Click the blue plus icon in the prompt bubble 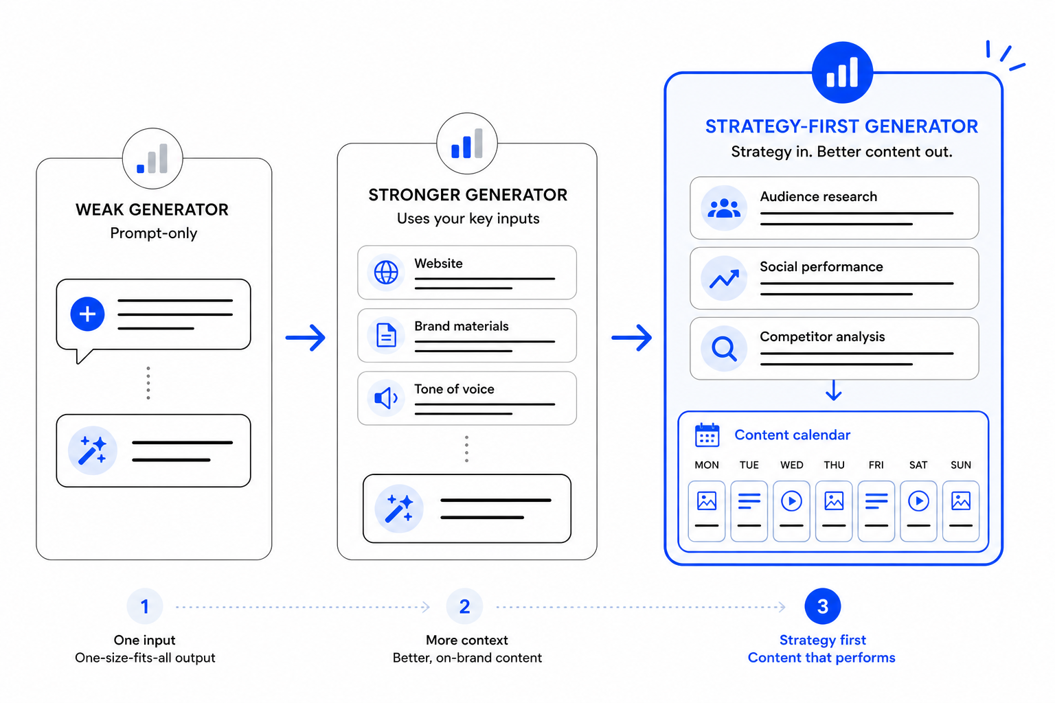pos(87,314)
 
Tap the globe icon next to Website pos(386,272)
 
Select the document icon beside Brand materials pos(386,335)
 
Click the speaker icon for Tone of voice pos(386,398)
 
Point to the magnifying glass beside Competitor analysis pos(724,349)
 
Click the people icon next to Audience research pos(724,208)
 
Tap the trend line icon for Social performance pos(724,279)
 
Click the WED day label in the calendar pos(792,465)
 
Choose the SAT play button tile pos(918,511)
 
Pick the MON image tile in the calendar pos(707,511)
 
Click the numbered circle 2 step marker pos(464,606)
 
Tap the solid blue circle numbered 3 pos(823,606)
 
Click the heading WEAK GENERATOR pos(152,209)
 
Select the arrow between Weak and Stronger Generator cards pos(306,337)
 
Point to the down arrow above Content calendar pos(834,391)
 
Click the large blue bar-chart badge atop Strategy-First pos(842,73)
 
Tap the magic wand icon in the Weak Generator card pos(92,450)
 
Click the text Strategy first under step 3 pos(823,640)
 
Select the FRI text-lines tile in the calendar pos(876,511)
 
